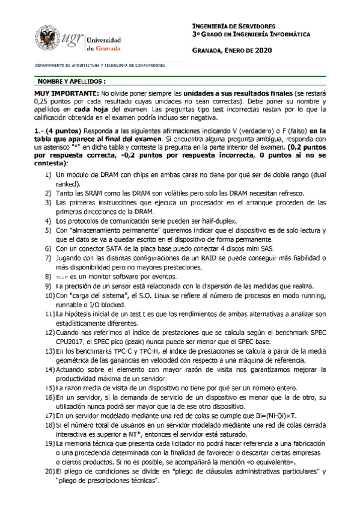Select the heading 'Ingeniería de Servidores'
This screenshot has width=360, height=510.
(x=233, y=26)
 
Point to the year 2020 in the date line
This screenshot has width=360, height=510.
(x=263, y=52)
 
